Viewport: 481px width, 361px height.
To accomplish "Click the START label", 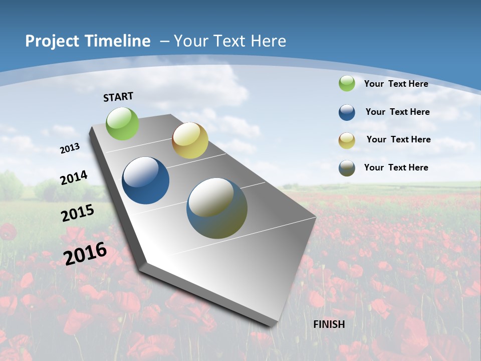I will pos(118,97).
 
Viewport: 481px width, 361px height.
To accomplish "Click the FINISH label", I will pos(329,324).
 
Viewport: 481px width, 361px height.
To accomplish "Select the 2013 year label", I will pos(70,148).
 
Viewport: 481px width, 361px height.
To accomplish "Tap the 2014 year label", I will pos(74,177).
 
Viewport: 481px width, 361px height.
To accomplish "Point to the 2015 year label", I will pos(78,213).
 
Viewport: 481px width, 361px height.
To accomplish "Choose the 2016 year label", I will pos(85,254).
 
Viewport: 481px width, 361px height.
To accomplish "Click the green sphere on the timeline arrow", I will pos(123,123).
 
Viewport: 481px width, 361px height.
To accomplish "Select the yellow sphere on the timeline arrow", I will pos(190,140).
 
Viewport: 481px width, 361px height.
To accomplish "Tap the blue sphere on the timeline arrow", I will pos(146,180).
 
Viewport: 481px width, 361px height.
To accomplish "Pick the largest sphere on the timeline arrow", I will pos(217,208).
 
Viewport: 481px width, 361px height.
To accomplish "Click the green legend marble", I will pos(347,83).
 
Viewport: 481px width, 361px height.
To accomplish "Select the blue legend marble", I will pos(347,112).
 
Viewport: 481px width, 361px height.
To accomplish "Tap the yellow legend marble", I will pos(347,140).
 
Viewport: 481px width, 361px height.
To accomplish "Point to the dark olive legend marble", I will pos(347,168).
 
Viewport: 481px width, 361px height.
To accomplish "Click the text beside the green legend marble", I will pos(396,84).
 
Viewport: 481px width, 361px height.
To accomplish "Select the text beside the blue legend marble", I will pos(397,112).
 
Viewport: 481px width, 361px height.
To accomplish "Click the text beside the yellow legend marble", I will pos(398,139).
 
